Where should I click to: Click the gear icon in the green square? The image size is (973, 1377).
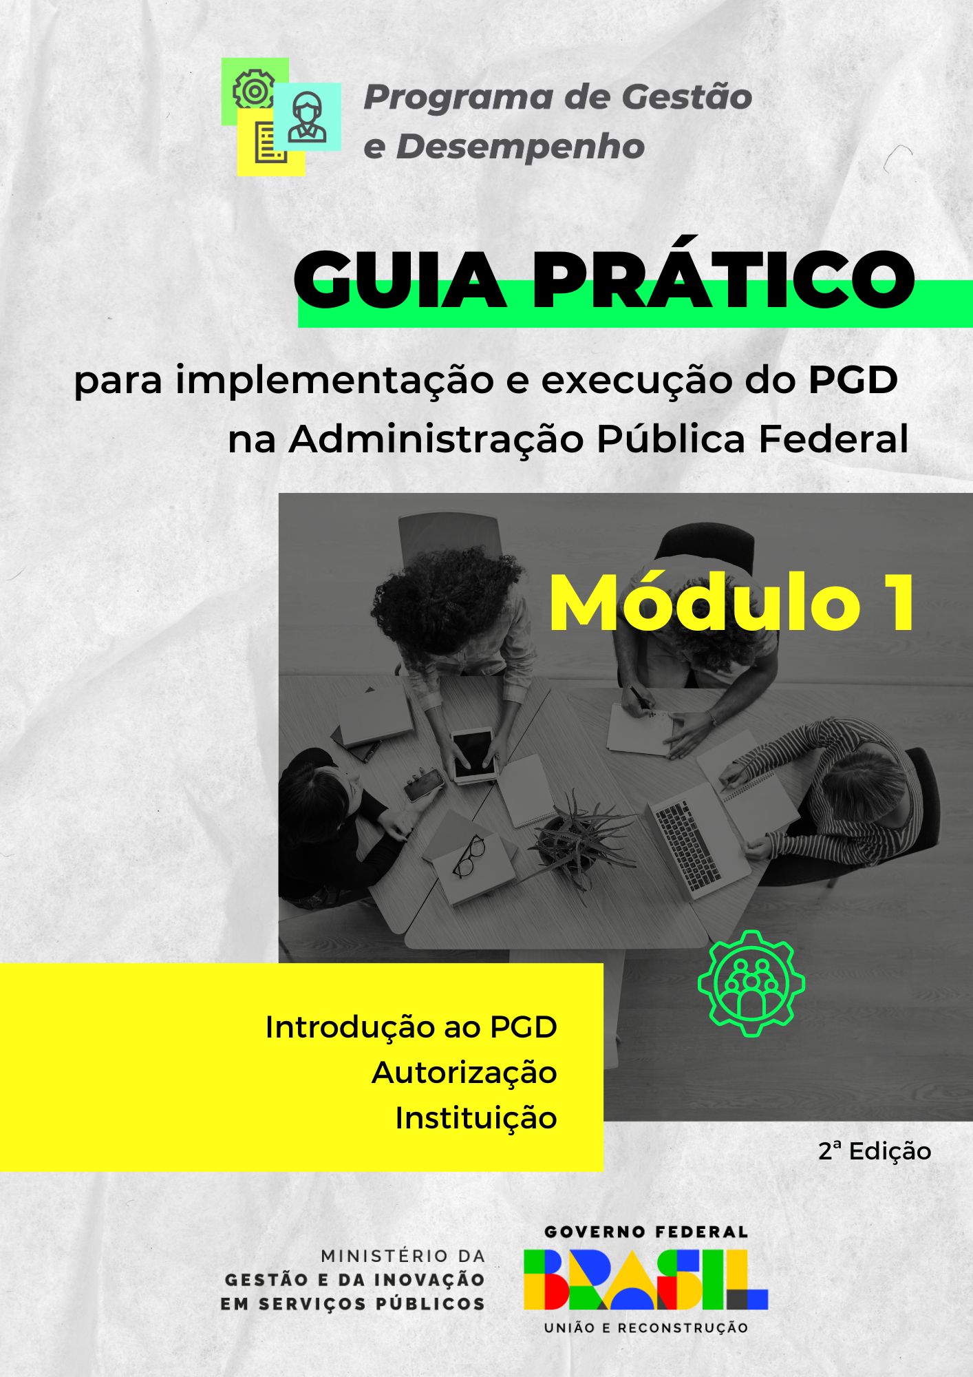(254, 89)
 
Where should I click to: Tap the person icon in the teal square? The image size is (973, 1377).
(307, 116)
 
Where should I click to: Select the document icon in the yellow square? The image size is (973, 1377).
(271, 143)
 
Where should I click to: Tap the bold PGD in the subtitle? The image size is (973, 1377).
(853, 379)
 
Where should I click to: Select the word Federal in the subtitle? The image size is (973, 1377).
(833, 439)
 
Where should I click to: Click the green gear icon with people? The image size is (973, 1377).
(751, 983)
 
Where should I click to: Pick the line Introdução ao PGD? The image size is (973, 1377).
(411, 1027)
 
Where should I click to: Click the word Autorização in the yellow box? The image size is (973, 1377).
(464, 1073)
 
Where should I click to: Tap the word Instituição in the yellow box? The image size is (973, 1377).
(475, 1118)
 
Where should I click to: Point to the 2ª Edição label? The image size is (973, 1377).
(875, 1150)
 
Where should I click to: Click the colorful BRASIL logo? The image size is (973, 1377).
(645, 1279)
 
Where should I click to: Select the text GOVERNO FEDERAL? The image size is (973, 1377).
(645, 1232)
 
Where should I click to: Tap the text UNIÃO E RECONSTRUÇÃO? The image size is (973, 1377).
(645, 1327)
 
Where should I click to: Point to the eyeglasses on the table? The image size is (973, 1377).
(469, 856)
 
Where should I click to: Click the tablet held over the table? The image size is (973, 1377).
(473, 755)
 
